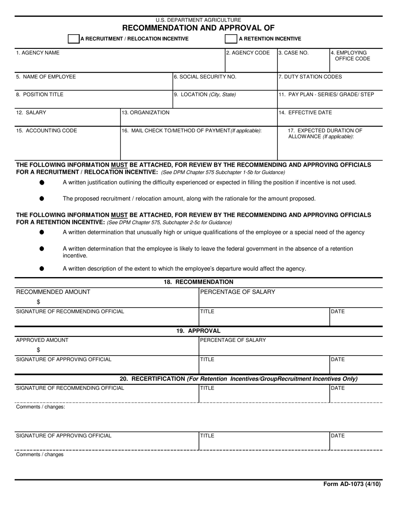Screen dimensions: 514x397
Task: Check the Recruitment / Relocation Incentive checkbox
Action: (x=74, y=39)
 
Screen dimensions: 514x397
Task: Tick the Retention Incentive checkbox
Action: (x=231, y=39)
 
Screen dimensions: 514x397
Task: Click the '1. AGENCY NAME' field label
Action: (x=38, y=53)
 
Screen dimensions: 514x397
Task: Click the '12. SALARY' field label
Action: (x=31, y=112)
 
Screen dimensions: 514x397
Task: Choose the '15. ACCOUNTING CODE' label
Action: (x=46, y=130)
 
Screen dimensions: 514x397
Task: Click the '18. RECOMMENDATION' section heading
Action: (x=198, y=282)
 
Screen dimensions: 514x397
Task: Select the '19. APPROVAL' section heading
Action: (x=198, y=331)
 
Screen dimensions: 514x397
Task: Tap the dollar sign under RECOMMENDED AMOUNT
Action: (x=38, y=302)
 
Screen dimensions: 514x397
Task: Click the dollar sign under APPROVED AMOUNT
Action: (x=38, y=350)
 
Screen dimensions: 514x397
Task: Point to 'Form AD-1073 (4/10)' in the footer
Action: (x=352, y=484)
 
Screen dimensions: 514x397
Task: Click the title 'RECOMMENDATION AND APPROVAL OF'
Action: (x=198, y=28)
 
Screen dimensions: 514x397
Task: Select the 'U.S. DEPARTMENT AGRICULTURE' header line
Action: (x=198, y=20)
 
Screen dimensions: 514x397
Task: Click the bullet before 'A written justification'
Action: (x=42, y=182)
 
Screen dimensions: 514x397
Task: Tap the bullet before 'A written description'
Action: (x=42, y=268)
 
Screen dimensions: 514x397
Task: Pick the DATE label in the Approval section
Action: (x=338, y=359)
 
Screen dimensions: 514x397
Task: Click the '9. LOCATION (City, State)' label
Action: (x=205, y=94)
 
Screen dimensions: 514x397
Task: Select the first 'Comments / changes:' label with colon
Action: (x=41, y=407)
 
